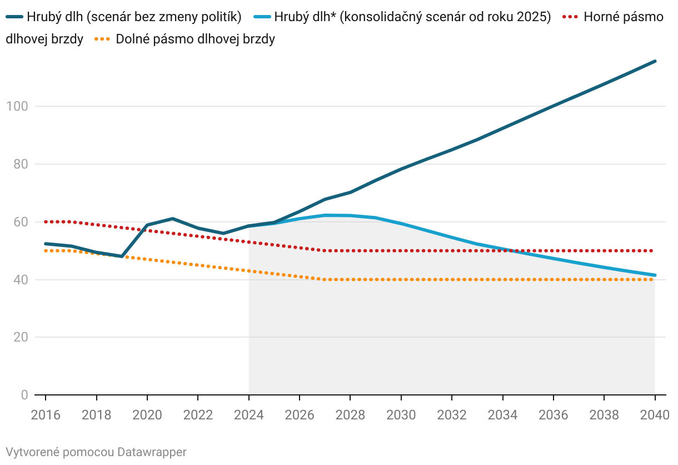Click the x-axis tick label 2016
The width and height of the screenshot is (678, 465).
[x=46, y=415]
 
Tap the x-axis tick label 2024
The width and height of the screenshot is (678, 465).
[x=248, y=415]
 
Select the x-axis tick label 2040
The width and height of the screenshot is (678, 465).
[x=655, y=415]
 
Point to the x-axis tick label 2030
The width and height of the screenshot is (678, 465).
[x=401, y=415]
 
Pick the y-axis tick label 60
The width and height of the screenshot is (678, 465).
[x=20, y=222]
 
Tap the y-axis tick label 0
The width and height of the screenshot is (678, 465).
[x=24, y=395]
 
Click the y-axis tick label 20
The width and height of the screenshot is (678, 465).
[x=20, y=337]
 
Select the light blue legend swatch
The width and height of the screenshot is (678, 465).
[x=261, y=17]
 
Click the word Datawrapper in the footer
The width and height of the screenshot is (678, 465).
[x=152, y=452]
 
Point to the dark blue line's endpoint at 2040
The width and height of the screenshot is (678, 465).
[x=655, y=61]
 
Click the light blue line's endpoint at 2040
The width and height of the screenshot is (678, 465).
[x=655, y=275]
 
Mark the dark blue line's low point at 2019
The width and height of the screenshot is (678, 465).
[x=122, y=256]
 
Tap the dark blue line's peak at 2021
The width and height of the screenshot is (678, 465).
[x=172, y=219]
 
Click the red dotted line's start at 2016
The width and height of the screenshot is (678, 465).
[x=46, y=221]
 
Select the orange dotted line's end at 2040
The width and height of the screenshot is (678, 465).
[x=655, y=279]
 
